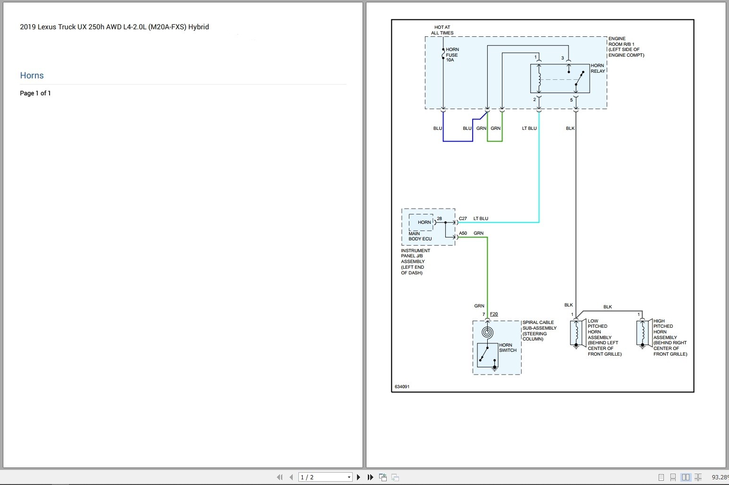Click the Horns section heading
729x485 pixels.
tap(32, 76)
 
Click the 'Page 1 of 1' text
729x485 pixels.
tap(35, 93)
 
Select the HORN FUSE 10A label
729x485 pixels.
tap(452, 55)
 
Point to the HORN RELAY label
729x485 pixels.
tap(597, 68)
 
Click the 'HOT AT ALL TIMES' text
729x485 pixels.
tap(442, 30)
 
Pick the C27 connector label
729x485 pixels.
tap(463, 219)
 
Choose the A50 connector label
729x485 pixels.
tap(463, 233)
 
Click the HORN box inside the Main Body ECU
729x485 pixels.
tap(424, 222)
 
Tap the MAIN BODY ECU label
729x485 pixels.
tap(420, 236)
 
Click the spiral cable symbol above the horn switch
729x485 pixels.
tap(488, 332)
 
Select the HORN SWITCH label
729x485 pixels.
tap(508, 348)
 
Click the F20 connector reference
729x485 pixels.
tap(494, 314)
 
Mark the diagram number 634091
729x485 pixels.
tap(402, 387)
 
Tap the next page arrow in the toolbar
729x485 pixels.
tap(359, 477)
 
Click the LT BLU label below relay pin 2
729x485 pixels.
tap(529, 128)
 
